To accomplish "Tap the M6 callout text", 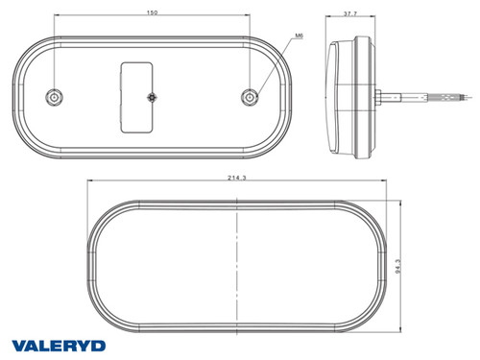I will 300,36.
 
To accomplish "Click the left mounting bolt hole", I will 55,96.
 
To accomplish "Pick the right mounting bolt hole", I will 251,96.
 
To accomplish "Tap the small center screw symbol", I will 152,99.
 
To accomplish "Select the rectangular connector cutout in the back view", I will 135,96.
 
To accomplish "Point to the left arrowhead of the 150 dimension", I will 57,18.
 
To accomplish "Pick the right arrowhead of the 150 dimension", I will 249,18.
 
